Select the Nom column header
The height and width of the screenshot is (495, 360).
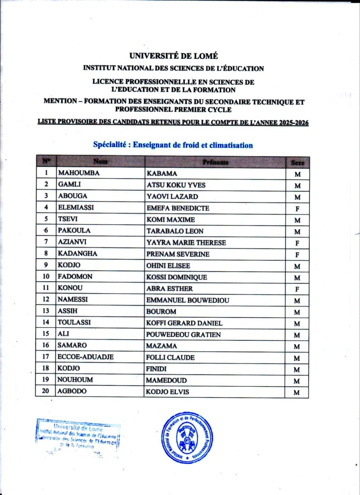click(x=101, y=161)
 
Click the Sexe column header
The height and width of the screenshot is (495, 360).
click(x=297, y=162)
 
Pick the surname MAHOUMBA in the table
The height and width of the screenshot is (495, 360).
click(x=79, y=173)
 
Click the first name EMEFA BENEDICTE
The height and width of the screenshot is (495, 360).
click(x=177, y=208)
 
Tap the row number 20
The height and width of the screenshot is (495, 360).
click(x=46, y=391)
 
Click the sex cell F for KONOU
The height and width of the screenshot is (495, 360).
click(x=297, y=289)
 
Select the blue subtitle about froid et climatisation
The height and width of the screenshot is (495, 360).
click(x=173, y=145)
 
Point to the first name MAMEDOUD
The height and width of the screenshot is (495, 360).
click(x=166, y=380)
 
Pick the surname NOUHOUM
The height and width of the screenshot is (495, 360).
click(x=76, y=380)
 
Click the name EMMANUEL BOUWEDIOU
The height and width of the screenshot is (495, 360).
click(x=187, y=300)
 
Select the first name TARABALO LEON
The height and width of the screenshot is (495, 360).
click(x=174, y=231)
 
